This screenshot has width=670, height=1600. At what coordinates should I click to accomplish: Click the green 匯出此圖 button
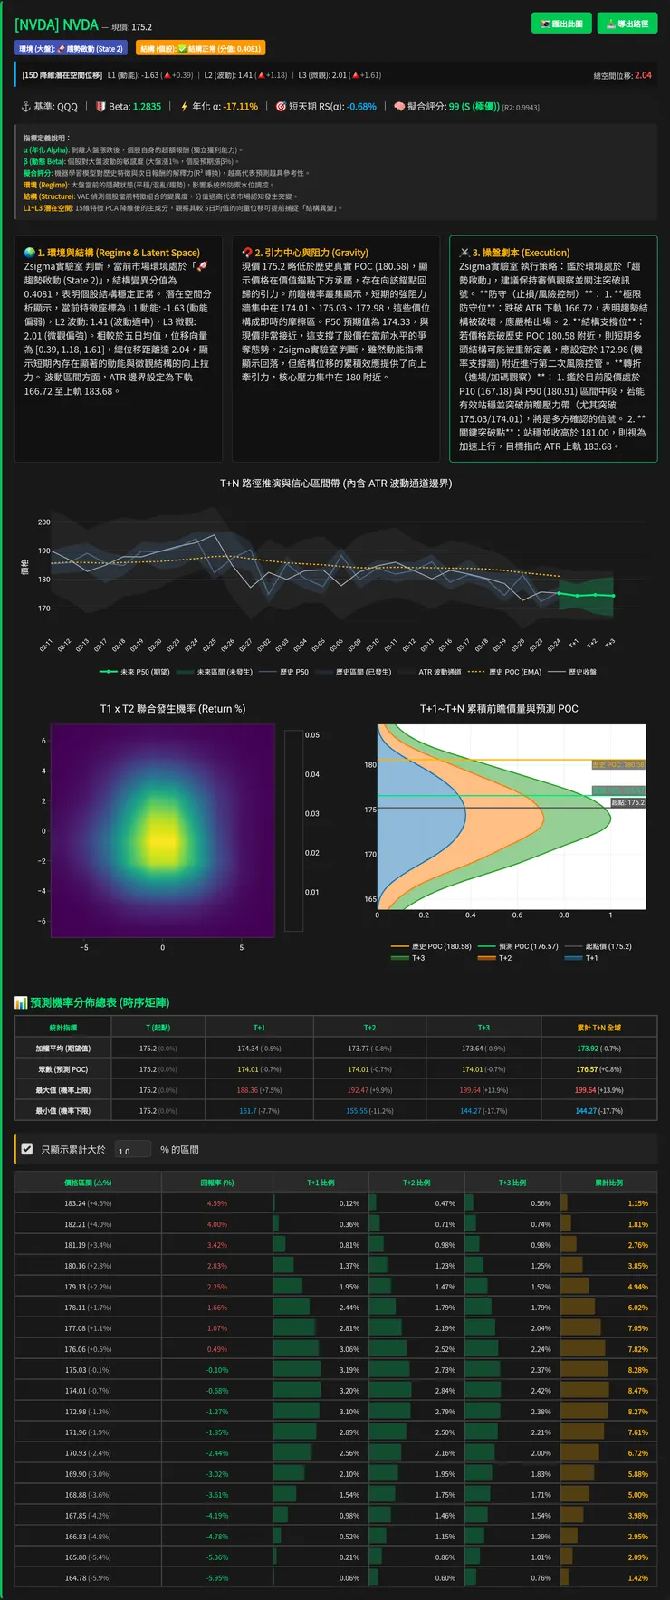tap(561, 24)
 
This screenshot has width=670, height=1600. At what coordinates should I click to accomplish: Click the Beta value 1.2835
tap(147, 107)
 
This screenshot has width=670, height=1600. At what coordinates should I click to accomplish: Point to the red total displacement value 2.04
tap(643, 75)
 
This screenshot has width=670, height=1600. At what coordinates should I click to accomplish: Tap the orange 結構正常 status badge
tap(200, 49)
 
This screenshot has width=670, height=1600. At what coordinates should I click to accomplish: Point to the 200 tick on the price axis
tap(44, 522)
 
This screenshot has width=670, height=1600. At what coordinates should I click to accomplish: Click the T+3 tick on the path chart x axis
tap(610, 643)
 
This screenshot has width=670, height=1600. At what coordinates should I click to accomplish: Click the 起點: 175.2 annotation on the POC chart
tap(627, 802)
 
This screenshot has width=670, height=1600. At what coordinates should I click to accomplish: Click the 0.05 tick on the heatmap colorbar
tap(312, 735)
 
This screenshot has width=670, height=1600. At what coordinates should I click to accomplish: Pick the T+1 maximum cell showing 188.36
tap(259, 1090)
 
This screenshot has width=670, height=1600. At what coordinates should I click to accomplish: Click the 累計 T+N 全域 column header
tap(598, 1028)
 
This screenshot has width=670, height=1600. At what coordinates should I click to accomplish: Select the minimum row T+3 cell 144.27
tap(483, 1111)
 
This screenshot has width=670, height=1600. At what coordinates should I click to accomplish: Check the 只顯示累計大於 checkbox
tap(27, 1149)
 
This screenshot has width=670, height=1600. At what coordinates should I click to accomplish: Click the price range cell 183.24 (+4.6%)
tap(88, 1203)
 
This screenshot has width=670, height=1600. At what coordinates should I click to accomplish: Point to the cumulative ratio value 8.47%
tap(637, 1391)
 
